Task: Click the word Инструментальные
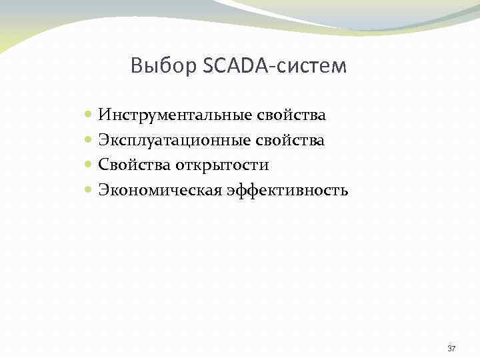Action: click(175, 115)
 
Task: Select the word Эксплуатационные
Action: click(174, 141)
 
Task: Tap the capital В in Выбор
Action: click(137, 66)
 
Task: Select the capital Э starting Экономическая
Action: click(103, 191)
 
